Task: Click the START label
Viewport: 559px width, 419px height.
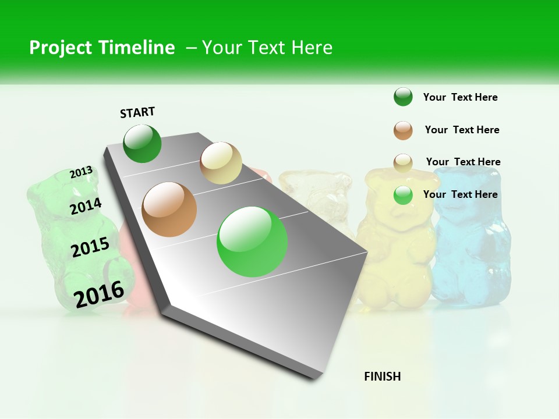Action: point(137,112)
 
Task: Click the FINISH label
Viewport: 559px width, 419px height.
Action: point(382,377)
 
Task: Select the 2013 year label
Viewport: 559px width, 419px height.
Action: point(81,172)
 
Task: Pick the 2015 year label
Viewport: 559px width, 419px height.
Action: point(90,247)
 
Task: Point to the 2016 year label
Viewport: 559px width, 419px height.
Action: point(99,294)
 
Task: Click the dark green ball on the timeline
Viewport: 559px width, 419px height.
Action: point(142,144)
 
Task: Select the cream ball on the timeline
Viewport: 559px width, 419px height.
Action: point(221,163)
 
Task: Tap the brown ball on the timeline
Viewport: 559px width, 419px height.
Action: point(169,210)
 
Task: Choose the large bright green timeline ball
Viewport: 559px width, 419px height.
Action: point(252,242)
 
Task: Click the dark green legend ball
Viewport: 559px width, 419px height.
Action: point(403,97)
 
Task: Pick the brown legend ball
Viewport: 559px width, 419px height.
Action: point(403,130)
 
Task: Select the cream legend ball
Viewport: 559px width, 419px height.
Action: point(403,162)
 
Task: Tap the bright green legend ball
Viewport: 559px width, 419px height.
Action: point(403,195)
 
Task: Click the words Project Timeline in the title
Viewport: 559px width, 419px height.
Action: point(102,48)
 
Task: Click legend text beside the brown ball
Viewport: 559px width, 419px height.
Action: point(462,130)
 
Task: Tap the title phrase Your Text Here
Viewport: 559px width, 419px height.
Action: point(267,48)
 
